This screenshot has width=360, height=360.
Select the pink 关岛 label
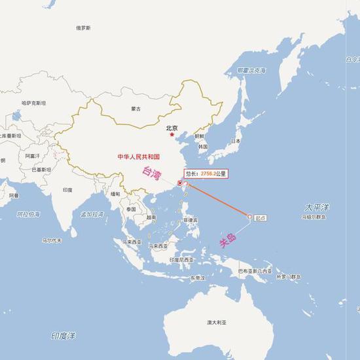point(226,242)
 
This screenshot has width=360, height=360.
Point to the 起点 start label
point(261,216)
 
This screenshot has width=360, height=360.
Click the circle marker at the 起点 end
point(249,217)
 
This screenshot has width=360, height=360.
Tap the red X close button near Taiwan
point(180,183)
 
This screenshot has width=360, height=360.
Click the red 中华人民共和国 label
point(138,157)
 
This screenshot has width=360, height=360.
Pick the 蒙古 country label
point(136,109)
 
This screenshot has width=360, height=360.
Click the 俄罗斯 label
point(83,28)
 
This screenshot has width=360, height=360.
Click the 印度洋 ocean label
point(63,336)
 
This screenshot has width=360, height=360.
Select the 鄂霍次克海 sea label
point(251,69)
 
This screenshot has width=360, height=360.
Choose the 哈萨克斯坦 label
point(33,103)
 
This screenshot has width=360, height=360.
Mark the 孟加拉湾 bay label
point(92,214)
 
